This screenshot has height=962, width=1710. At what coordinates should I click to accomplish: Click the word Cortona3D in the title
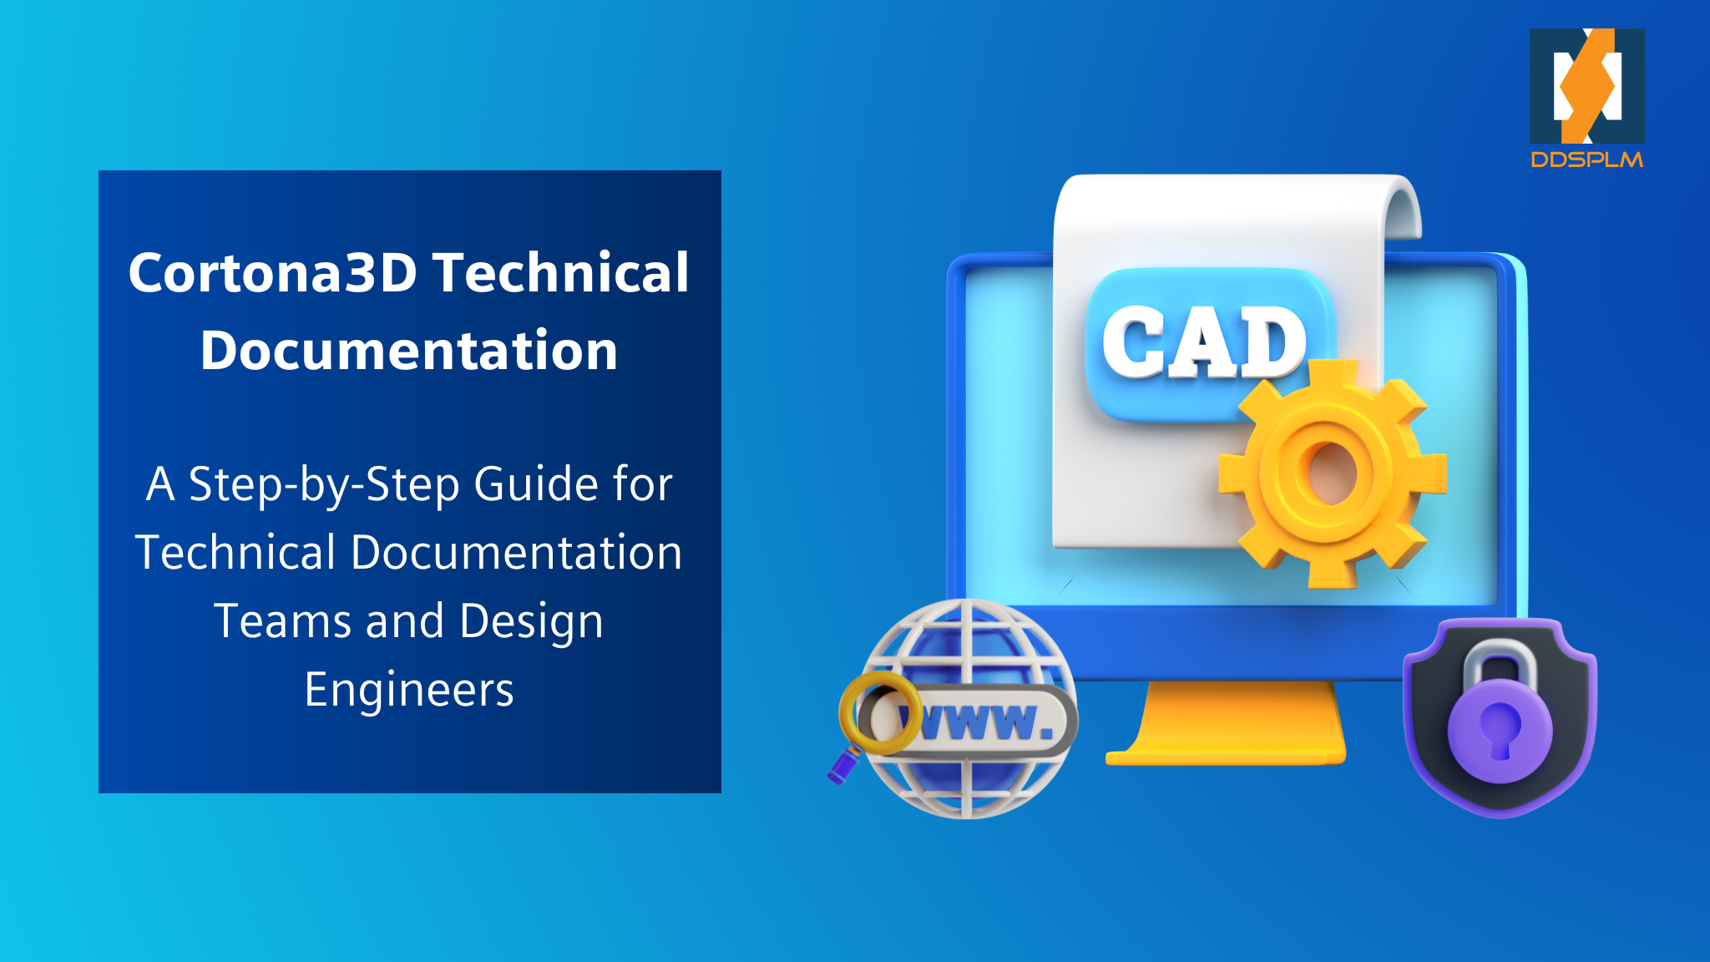point(272,273)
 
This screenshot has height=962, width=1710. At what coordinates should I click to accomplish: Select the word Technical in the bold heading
point(561,273)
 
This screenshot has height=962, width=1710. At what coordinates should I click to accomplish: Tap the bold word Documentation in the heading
point(409,350)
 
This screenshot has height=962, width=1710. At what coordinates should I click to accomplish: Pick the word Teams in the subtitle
point(282,621)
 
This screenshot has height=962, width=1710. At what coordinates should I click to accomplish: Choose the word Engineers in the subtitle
point(409,690)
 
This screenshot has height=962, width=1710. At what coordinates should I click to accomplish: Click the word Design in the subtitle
point(531,621)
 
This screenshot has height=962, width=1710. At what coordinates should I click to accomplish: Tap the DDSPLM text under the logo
point(1586,159)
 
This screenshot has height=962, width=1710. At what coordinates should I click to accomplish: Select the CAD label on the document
point(1204,342)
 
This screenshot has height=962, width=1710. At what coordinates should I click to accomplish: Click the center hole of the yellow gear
point(1329,473)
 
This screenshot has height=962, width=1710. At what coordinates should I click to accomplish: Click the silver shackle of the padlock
point(1500,660)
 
